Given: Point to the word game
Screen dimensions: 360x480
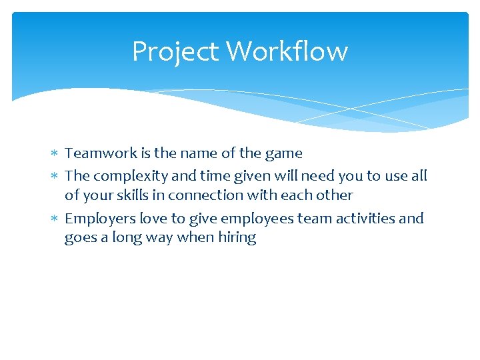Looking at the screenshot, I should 283,154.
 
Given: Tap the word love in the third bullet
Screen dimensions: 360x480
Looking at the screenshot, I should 153,219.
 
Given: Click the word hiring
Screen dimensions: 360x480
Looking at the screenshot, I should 237,238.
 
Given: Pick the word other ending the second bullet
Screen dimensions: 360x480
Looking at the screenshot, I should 335,195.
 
